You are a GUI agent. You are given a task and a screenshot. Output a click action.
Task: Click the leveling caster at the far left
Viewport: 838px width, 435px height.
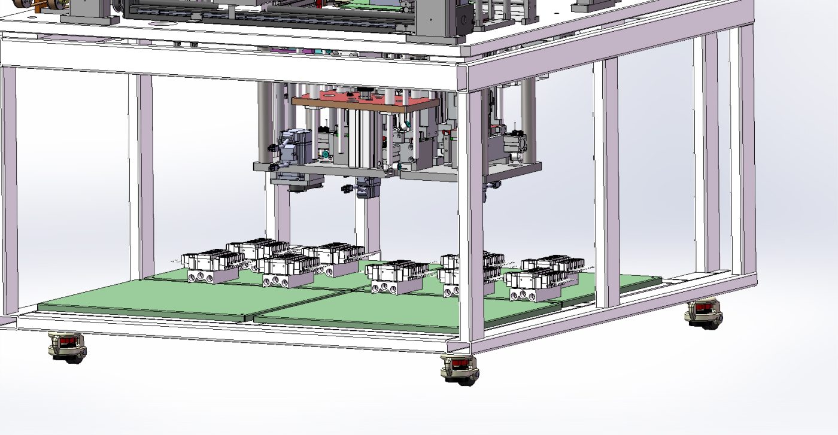click(x=67, y=347)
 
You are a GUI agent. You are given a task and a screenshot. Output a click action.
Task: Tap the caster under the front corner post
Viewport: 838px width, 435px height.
click(x=459, y=369)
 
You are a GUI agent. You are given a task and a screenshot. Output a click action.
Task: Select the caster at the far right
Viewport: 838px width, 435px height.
click(x=705, y=313)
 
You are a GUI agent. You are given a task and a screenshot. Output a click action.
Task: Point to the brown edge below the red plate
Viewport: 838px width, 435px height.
click(x=365, y=106)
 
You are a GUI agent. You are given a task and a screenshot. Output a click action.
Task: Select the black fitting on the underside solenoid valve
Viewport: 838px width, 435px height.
click(x=347, y=189)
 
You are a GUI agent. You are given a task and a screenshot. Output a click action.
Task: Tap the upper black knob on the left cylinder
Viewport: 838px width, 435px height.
click(x=274, y=147)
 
